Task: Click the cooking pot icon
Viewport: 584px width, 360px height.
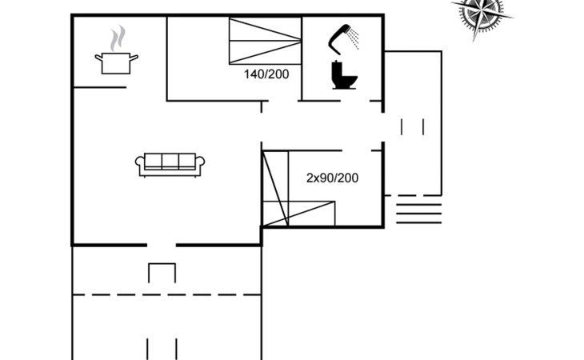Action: pyautogui.click(x=116, y=63)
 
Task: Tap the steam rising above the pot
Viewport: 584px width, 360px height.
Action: pyautogui.click(x=118, y=38)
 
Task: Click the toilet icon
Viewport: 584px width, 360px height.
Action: pyautogui.click(x=344, y=75)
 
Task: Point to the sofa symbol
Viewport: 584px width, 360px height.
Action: pyautogui.click(x=170, y=165)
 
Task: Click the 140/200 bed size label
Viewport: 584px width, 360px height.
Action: pyautogui.click(x=266, y=74)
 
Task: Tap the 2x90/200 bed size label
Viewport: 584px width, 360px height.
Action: pyautogui.click(x=332, y=178)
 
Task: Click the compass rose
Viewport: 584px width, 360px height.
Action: pyautogui.click(x=482, y=15)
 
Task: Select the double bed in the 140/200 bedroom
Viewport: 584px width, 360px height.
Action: pyautogui.click(x=265, y=41)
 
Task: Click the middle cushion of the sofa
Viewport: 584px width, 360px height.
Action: pyautogui.click(x=170, y=162)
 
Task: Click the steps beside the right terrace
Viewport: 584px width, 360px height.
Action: pyautogui.click(x=419, y=214)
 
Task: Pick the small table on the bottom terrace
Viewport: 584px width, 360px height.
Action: pyautogui.click(x=162, y=273)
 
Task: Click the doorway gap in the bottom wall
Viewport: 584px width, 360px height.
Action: pyautogui.click(x=162, y=245)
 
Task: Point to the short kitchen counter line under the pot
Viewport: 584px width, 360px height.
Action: pyautogui.click(x=100, y=87)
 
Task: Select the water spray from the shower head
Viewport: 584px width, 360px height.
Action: pyautogui.click(x=354, y=38)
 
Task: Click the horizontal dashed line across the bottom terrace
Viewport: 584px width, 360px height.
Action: pyautogui.click(x=166, y=295)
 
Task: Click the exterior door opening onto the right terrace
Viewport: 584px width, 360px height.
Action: pyautogui.click(x=382, y=127)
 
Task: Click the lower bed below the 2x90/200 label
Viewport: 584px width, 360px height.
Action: pyautogui.click(x=298, y=214)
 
